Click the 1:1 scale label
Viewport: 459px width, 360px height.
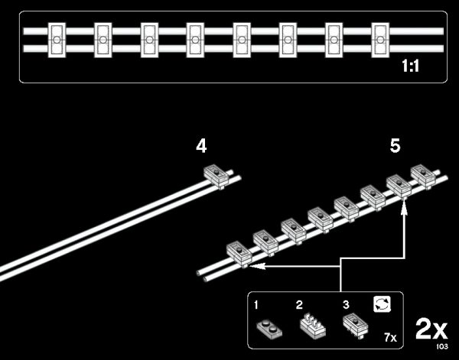412,66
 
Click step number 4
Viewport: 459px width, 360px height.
201,145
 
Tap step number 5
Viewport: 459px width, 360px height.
395,145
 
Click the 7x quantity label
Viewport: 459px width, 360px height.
389,337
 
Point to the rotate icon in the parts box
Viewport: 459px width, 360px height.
382,305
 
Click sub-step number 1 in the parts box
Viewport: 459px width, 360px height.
258,304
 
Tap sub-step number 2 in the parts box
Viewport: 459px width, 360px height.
300,304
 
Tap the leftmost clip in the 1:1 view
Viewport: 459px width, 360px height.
57,37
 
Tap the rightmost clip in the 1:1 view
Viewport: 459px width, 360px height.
382,37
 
